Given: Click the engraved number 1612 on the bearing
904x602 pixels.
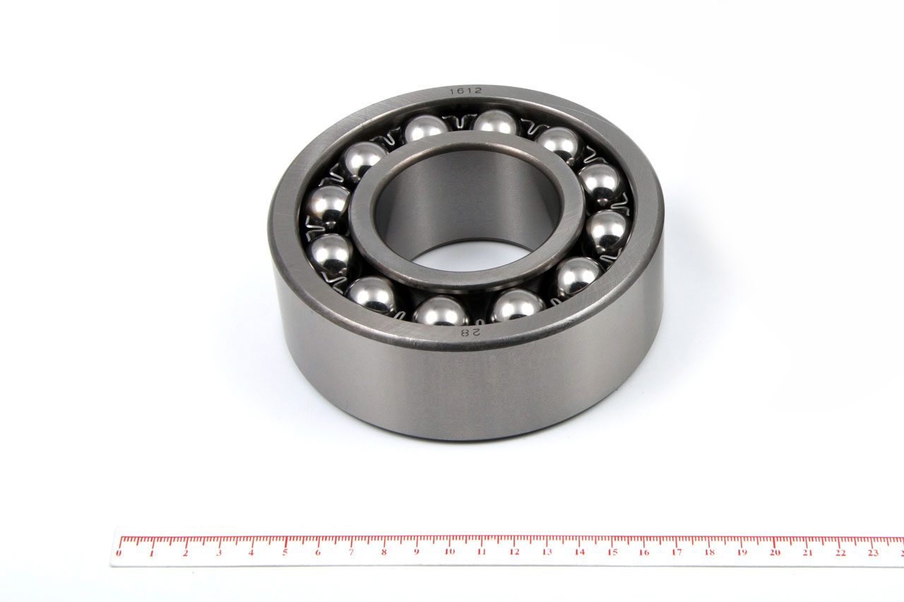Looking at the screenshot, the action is coord(465,91).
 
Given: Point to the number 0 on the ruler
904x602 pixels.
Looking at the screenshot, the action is coord(119,553).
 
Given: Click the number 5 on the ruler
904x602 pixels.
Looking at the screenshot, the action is coord(285,553).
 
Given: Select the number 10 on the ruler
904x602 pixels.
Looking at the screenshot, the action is coord(450,552).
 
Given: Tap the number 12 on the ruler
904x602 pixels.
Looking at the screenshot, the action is coord(514,552).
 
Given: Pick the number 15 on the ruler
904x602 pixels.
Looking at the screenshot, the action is coord(612,553).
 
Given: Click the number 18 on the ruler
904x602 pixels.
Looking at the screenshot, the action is coord(710,553).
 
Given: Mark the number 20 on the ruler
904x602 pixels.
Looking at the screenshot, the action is coord(775,553).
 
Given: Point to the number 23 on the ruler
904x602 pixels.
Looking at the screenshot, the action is coord(874,553).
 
